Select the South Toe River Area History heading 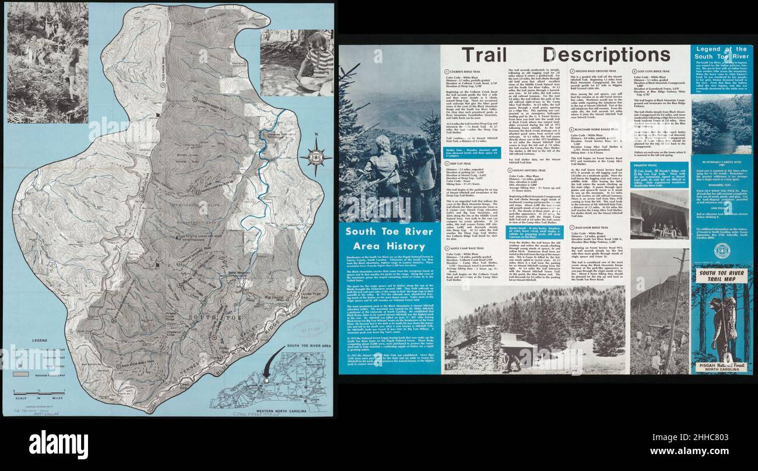pos(389,238)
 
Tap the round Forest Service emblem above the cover pos(721,252)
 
